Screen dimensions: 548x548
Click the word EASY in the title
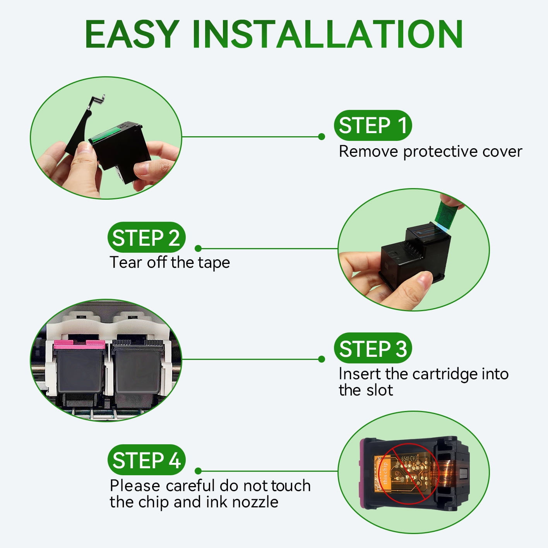point(132,34)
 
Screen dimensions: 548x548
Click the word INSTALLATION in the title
point(328,34)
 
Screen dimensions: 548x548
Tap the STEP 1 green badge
point(373,125)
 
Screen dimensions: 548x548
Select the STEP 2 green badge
point(146,237)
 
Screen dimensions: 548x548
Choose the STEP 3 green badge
point(373,348)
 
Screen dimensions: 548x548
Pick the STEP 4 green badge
point(146,460)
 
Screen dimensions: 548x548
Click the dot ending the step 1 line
point(322,137)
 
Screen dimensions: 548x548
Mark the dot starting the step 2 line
point(198,248)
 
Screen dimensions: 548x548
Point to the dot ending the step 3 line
point(322,359)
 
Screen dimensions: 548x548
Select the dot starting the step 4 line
point(198,471)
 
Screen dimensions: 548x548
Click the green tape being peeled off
point(447,215)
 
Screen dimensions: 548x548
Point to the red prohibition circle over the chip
point(409,474)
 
